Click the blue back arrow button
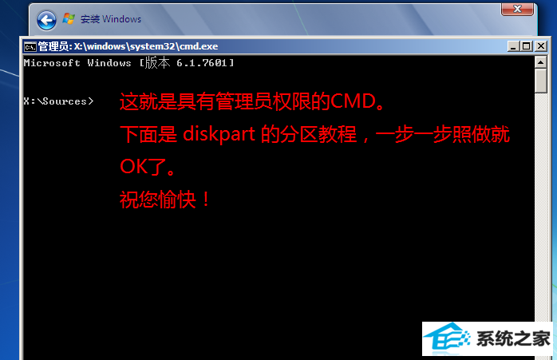click(x=46, y=20)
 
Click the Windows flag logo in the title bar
click(x=69, y=18)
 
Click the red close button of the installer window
click(x=517, y=10)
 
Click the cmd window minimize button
click(x=512, y=46)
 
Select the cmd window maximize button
click(x=527, y=46)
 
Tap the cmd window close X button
click(x=541, y=46)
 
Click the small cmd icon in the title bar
click(x=30, y=46)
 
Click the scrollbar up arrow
click(x=541, y=62)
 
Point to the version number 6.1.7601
click(x=202, y=63)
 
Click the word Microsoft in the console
click(x=52, y=63)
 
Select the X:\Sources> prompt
click(x=58, y=101)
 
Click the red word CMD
click(x=354, y=101)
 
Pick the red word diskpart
click(x=219, y=134)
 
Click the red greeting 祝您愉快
click(x=158, y=200)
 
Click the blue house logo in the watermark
click(x=447, y=338)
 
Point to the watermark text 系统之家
click(x=513, y=338)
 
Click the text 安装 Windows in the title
click(x=111, y=19)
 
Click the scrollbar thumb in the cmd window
click(x=541, y=81)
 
